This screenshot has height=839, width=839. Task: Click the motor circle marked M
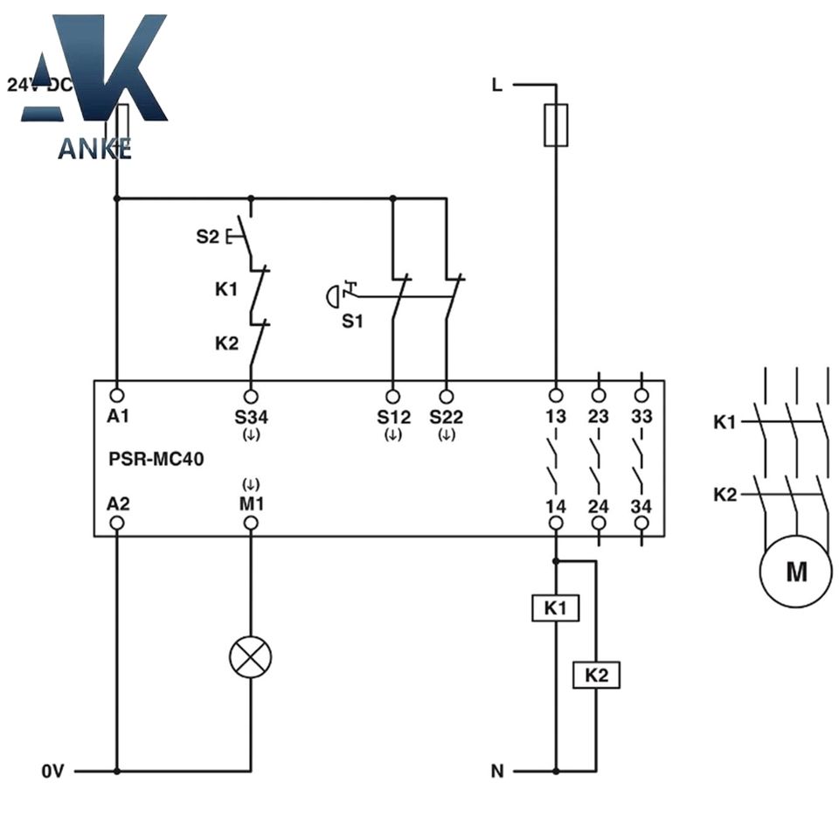795,572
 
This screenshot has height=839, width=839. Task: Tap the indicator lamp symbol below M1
251,656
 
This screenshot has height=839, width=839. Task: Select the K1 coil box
556,608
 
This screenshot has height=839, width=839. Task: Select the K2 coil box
596,675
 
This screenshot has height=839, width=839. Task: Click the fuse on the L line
556,125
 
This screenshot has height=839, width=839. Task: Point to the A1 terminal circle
116,395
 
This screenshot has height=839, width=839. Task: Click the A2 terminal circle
116,523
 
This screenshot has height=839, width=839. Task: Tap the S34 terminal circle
251,397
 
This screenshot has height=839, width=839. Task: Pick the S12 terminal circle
392,397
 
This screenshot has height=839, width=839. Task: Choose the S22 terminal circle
447,397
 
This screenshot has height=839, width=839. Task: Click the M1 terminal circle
251,523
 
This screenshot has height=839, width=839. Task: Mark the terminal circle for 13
556,395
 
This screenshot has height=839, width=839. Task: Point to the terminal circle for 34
641,523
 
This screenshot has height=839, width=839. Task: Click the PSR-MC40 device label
156,459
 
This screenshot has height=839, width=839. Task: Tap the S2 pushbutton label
208,236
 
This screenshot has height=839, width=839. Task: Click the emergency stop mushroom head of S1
332,296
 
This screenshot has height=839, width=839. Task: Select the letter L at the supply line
497,85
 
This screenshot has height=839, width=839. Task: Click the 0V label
53,771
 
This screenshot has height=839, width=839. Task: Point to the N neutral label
497,771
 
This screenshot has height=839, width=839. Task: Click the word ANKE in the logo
94,149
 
